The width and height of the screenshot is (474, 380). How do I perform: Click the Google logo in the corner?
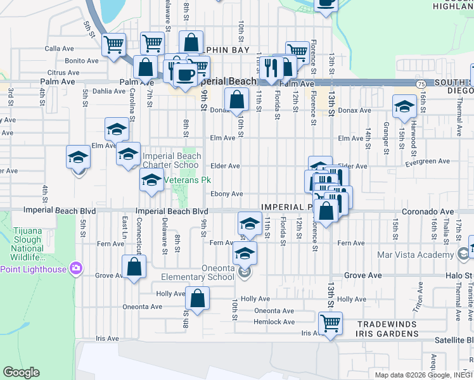coord(22,372)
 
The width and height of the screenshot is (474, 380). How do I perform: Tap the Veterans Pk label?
coord(188,180)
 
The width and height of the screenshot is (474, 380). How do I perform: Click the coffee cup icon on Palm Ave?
coord(185,75)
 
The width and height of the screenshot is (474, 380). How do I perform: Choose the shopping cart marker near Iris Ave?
coord(330,324)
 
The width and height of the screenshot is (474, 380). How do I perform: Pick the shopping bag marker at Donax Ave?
coord(236,100)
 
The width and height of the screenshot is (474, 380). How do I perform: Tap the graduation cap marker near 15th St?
coord(404,106)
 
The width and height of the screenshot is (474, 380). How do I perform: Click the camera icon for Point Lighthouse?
coord(77,269)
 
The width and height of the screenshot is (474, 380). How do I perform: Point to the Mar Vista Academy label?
coord(421,255)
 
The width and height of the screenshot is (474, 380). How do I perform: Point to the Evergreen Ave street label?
coord(427,162)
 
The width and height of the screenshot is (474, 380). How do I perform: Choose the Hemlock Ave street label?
coord(274,322)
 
